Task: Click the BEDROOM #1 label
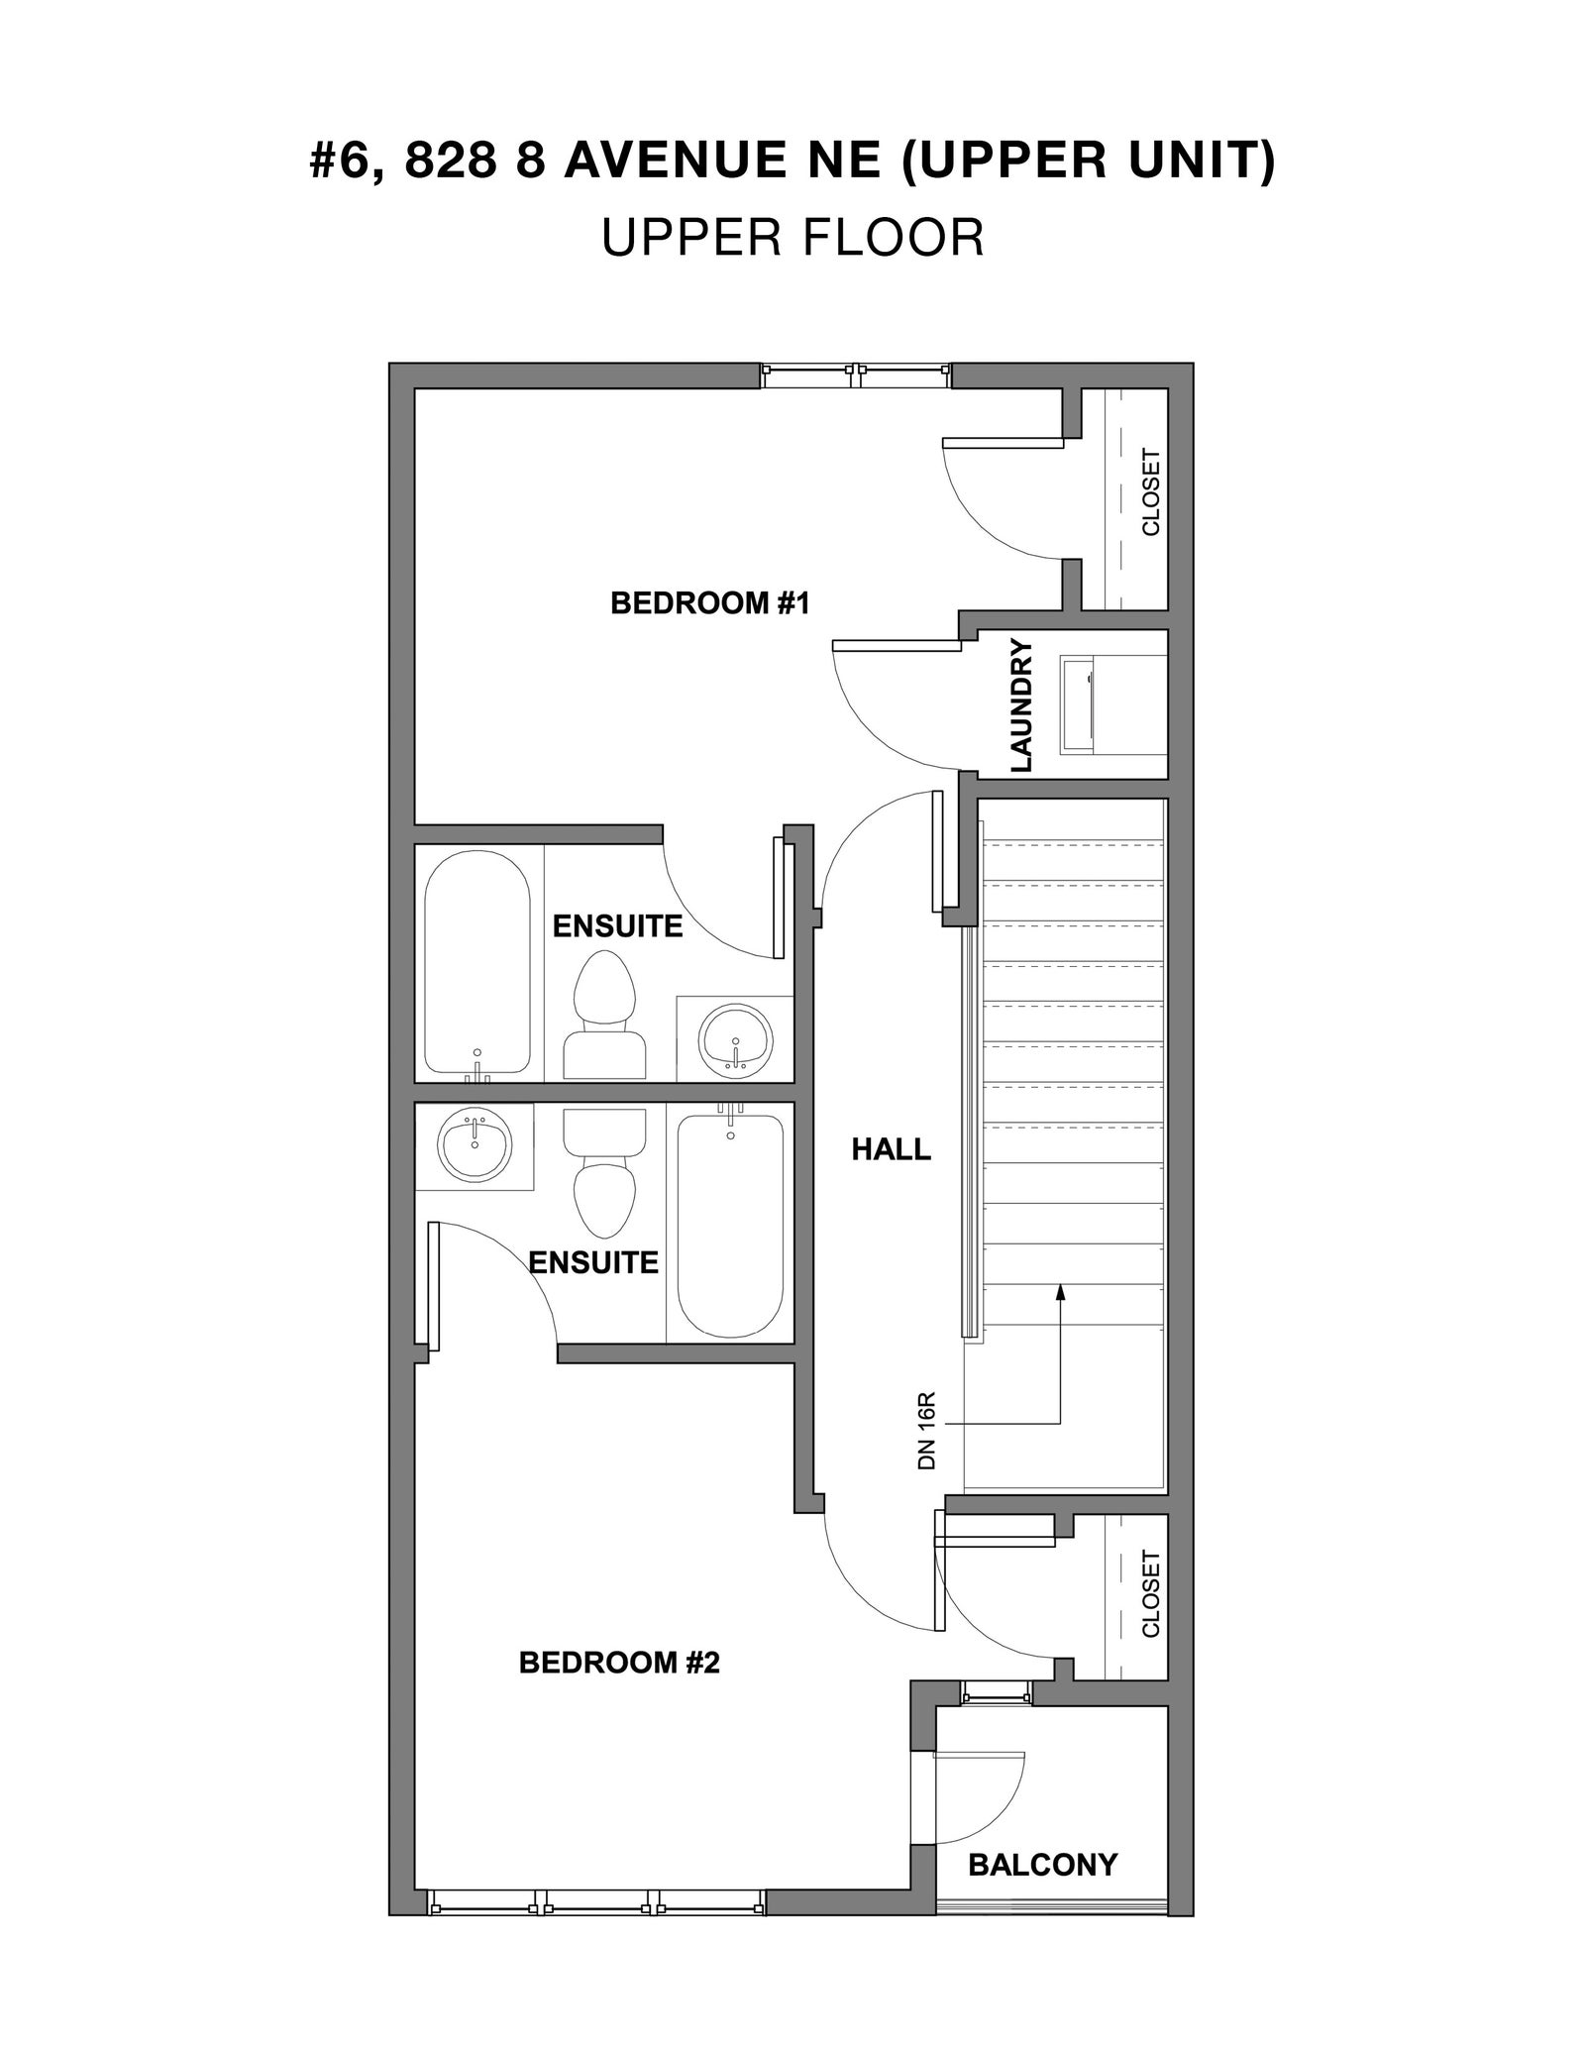(710, 602)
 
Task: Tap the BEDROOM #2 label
(619, 1662)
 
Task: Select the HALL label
(892, 1149)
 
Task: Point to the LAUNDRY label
(1021, 705)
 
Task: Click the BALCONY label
(1042, 1865)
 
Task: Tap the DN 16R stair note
(927, 1431)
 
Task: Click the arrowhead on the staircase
(1060, 1291)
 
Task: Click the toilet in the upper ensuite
(604, 1016)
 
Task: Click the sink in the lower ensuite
(475, 1144)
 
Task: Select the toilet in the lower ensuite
(604, 1173)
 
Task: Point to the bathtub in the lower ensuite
(730, 1223)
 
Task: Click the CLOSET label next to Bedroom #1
(1150, 492)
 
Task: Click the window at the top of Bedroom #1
(856, 376)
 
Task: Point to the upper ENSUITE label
(617, 926)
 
